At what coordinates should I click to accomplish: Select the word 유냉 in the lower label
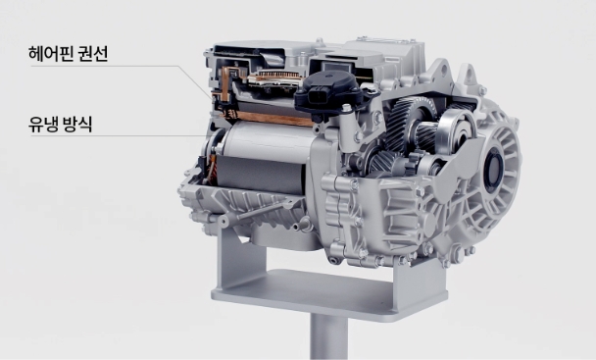tap(43, 124)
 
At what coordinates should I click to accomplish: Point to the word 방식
tap(78, 124)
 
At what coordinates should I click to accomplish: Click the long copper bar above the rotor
tap(270, 118)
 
